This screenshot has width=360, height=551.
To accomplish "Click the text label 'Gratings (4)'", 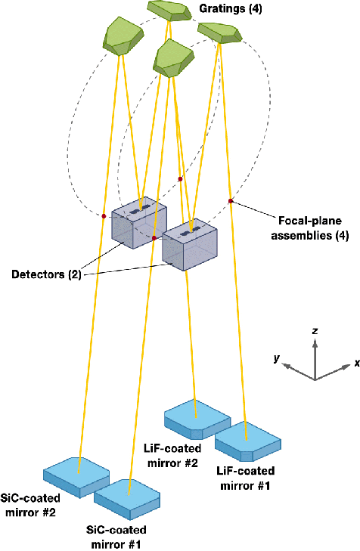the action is point(231,8).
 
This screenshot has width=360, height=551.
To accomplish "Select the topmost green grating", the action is point(169,11).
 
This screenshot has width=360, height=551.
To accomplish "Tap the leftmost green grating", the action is point(123,36).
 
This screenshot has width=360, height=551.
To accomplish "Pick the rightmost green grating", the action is point(220,33).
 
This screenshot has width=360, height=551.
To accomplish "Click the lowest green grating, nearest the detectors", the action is point(173,58).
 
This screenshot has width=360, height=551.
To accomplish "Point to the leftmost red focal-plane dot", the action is point(104,216).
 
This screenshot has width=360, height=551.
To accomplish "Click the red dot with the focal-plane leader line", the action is point(230,201).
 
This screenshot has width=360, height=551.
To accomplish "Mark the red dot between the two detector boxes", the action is point(154,238).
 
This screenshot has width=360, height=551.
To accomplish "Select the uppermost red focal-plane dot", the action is point(180,179).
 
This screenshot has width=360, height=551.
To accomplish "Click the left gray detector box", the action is point(139,223).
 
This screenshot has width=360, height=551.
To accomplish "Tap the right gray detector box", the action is point(190,244).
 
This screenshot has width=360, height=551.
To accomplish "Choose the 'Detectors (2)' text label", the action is point(46,274).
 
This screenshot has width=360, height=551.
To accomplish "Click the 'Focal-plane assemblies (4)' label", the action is point(310,228).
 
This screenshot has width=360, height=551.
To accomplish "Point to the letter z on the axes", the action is point(315,331).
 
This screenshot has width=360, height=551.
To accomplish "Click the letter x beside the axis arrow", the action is point(357,363).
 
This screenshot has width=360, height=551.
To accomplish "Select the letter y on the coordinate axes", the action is point(277,358).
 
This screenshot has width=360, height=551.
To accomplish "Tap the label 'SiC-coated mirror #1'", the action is point(116,537).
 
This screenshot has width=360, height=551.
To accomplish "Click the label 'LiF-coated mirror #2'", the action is point(172,456).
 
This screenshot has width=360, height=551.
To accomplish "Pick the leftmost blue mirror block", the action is point(76,477).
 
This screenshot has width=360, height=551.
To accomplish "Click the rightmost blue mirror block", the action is point(248,441).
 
